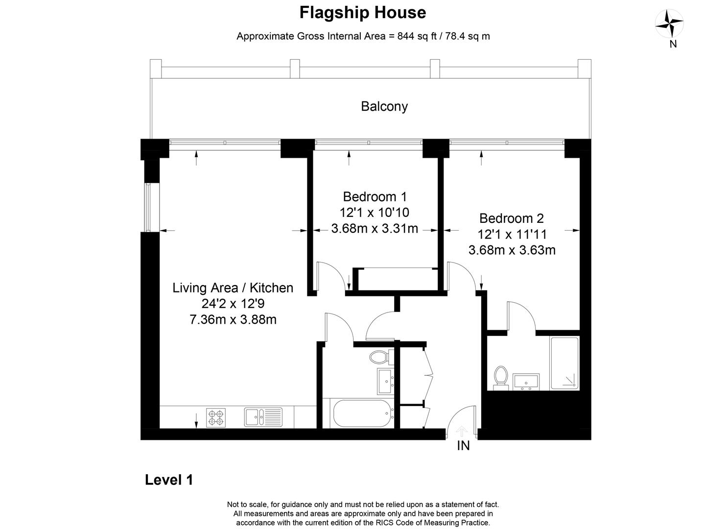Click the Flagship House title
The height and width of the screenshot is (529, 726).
363,13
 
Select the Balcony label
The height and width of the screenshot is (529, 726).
384,106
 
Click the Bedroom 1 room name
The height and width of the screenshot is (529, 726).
375,196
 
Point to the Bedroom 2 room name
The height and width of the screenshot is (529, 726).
512,218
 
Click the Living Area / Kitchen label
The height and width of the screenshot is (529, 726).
233,288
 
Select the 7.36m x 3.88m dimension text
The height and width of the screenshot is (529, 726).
233,319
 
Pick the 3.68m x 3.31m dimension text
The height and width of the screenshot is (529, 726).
375,229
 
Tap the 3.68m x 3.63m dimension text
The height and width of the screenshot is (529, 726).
512,250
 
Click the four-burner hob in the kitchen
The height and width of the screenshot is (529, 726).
216,418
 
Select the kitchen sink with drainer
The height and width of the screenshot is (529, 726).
263,417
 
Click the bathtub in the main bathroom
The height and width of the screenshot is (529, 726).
362,413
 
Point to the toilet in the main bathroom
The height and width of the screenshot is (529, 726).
381,358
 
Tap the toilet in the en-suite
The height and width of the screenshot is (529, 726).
501,378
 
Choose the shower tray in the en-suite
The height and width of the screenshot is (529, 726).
564,363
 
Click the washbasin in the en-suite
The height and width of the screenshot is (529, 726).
526,382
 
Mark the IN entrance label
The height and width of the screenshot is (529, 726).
463,446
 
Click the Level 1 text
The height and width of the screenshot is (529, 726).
169,480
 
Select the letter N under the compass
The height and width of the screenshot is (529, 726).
673,44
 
